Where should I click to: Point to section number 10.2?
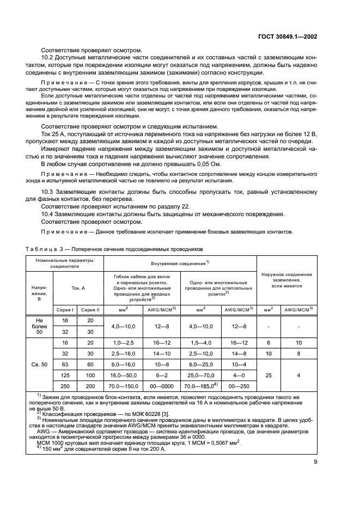(48, 57)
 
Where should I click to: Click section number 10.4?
(48, 213)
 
